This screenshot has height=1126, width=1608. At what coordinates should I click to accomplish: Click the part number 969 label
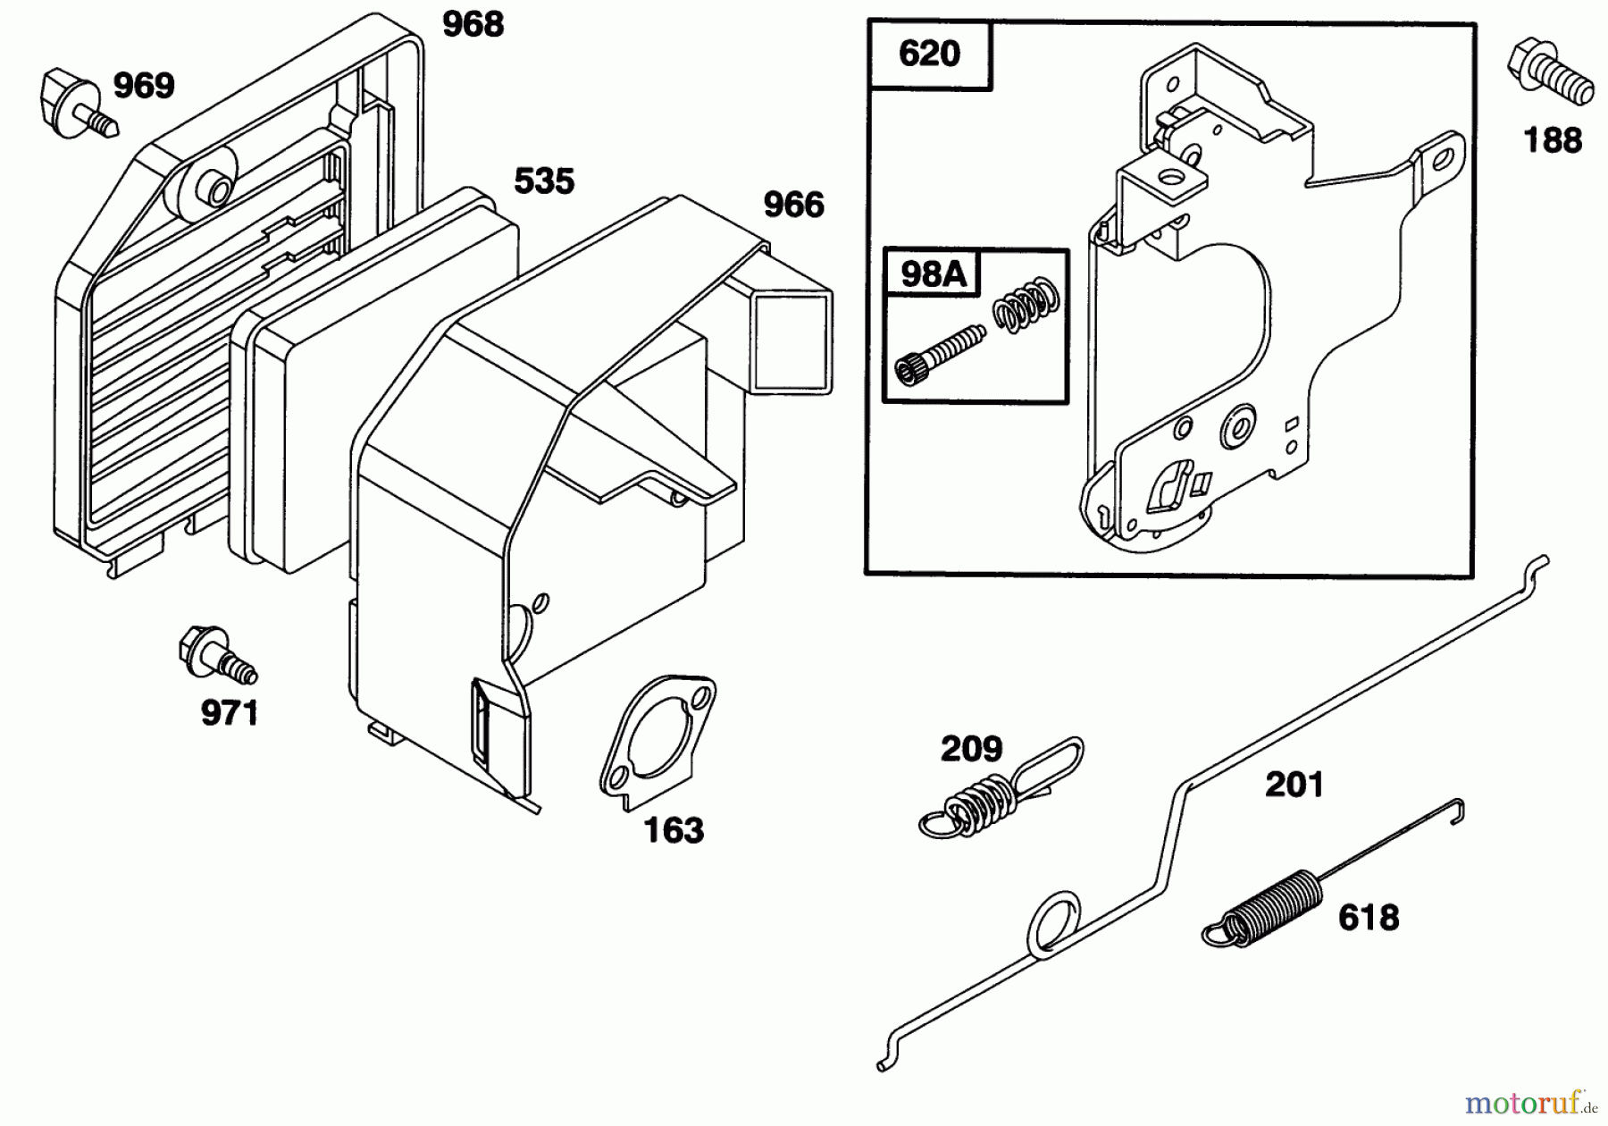pyautogui.click(x=143, y=87)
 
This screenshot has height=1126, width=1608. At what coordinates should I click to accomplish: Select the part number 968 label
pyautogui.click(x=473, y=25)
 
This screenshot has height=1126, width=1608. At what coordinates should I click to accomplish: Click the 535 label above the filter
pyautogui.click(x=543, y=181)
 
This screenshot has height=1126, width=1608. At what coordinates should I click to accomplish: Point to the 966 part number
pyautogui.click(x=793, y=206)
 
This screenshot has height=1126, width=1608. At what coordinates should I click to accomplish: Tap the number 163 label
pyautogui.click(x=674, y=830)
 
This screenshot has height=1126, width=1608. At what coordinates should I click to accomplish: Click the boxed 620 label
pyautogui.click(x=929, y=55)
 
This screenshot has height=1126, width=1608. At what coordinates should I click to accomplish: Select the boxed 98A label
pyautogui.click(x=933, y=273)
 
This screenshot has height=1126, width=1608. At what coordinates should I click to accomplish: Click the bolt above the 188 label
pyautogui.click(x=1549, y=71)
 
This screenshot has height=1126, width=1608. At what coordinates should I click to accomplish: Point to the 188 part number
pyautogui.click(x=1553, y=140)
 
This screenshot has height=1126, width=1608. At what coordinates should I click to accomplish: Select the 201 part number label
pyautogui.click(x=1294, y=786)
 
